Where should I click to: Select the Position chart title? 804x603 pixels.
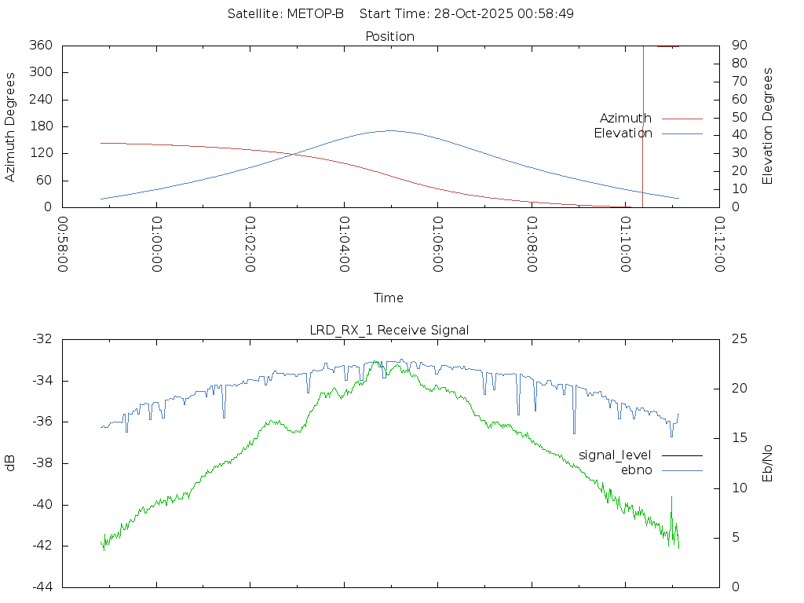tap(390, 36)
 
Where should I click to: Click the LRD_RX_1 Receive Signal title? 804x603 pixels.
tap(389, 330)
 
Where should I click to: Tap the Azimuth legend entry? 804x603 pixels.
tap(626, 119)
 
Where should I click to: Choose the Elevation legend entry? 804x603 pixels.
tap(623, 133)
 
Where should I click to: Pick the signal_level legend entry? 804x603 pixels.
tap(615, 455)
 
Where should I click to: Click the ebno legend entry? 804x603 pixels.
tap(636, 470)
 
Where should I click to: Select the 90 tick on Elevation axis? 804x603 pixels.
tap(738, 46)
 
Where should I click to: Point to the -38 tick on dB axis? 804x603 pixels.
tap(41, 463)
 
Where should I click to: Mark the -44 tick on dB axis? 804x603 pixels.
tap(41, 587)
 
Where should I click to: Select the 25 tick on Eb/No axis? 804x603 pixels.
tap(739, 339)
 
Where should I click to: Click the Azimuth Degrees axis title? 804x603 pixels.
tap(11, 126)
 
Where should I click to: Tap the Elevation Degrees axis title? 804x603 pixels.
tap(768, 126)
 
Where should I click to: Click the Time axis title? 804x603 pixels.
tap(389, 298)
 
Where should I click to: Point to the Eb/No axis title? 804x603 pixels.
tap(768, 463)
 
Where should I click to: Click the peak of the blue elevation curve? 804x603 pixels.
tap(391, 131)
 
